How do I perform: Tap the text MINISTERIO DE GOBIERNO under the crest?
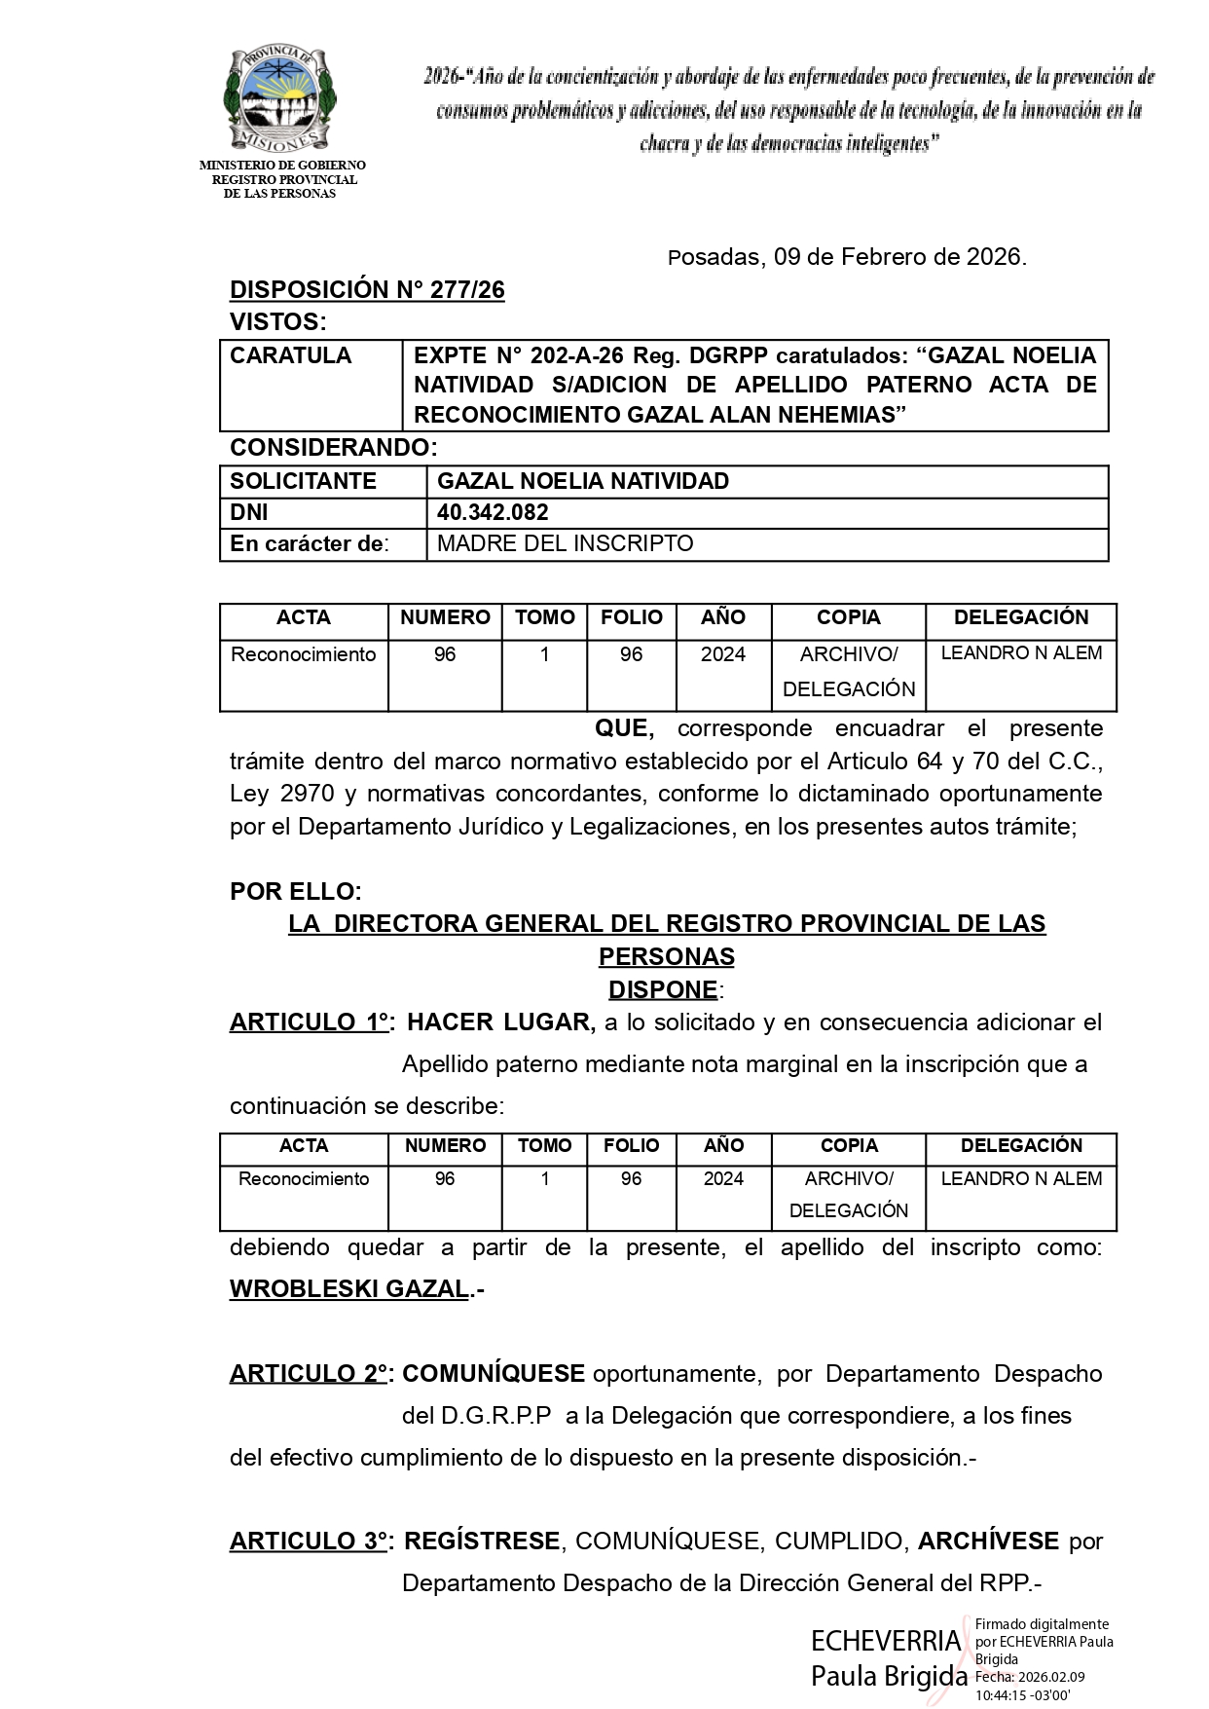[282, 167]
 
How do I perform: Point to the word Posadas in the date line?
[714, 257]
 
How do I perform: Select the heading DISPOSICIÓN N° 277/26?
[367, 290]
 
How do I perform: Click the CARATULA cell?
[290, 355]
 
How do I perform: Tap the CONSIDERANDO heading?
[332, 448]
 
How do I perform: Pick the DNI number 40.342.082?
[493, 512]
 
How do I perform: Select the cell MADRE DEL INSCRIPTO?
[565, 543]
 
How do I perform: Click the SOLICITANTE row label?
[303, 481]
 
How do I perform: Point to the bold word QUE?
[624, 728]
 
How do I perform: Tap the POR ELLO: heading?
[295, 891]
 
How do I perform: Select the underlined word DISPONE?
[663, 989]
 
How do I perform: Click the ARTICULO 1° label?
[311, 1022]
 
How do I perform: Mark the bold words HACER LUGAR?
[499, 1022]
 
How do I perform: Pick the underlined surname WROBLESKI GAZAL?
[349, 1289]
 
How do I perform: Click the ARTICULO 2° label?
[311, 1374]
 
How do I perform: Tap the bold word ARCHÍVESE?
[988, 1542]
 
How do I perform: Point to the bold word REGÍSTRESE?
[482, 1542]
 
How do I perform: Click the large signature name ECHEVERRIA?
[886, 1642]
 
